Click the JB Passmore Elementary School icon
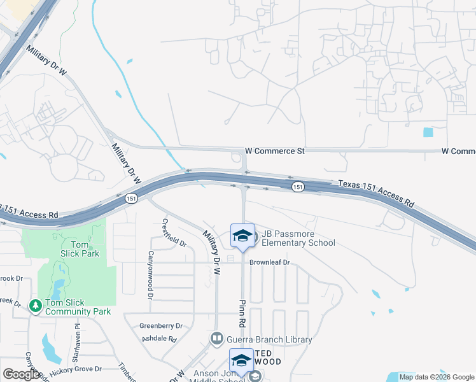(242, 236)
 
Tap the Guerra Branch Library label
(268, 339)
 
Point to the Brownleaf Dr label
(269, 262)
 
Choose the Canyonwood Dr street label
(151, 281)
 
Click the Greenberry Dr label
(161, 326)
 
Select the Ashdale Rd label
(158, 339)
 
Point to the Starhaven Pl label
(77, 335)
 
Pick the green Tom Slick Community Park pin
(36, 307)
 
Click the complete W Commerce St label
(275, 152)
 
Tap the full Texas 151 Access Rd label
(376, 194)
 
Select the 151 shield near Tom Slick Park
(130, 198)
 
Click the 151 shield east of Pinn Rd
(298, 187)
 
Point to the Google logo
(22, 374)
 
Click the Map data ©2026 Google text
(436, 377)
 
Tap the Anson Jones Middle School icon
(242, 360)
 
